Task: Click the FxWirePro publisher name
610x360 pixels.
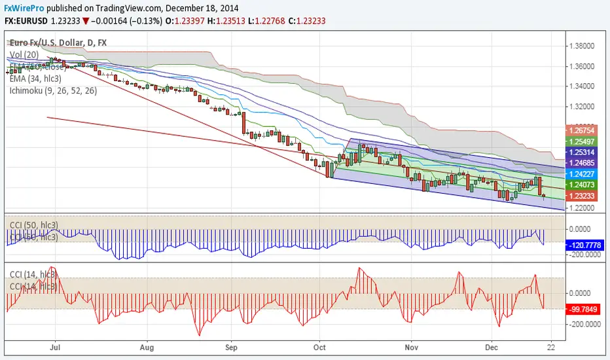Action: tap(23, 9)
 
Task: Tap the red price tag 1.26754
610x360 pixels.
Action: tap(581, 131)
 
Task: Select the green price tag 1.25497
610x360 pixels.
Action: tap(581, 141)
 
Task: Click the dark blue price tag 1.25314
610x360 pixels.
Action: tap(581, 151)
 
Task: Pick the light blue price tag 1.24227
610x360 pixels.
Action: tap(581, 174)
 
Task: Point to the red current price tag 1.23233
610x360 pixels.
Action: tap(581, 196)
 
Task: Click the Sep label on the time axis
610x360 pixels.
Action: tap(231, 347)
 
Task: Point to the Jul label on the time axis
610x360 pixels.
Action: tap(55, 347)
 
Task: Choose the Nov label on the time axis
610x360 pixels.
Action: tap(410, 347)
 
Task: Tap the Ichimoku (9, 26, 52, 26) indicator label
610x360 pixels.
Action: tap(54, 90)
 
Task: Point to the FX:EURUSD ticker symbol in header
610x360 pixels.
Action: tap(26, 21)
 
